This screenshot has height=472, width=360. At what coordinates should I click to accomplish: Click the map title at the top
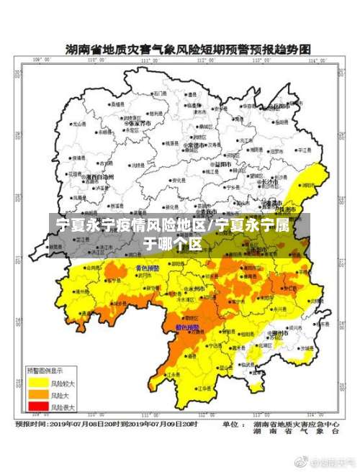pyautogui.click(x=188, y=49)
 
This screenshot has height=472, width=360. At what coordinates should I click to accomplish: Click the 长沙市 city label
pyautogui.click(x=271, y=183)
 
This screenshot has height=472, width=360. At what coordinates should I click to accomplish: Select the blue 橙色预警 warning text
pyautogui.click(x=189, y=327)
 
